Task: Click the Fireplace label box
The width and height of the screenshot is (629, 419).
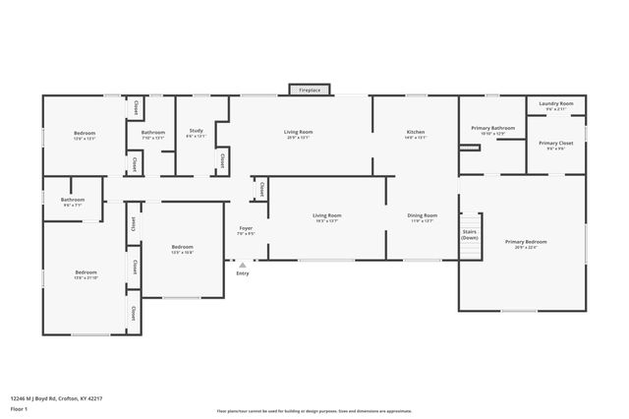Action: pos(310,90)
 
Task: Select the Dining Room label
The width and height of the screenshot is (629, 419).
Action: pos(424,216)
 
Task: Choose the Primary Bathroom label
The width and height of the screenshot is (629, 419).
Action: pos(493,129)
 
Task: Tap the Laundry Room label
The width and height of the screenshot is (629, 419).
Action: pos(556,105)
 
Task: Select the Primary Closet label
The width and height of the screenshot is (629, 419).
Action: pos(556,145)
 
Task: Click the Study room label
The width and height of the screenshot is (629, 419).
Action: pos(196,133)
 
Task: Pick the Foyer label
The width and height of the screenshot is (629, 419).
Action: pos(246,230)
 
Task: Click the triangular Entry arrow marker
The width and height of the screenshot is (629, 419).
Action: pos(243,265)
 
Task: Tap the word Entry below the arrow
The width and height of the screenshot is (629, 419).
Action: pos(243,273)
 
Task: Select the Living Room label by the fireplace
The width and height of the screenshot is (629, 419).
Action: pos(299,134)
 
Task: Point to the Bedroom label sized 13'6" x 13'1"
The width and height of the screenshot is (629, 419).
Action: pos(85,135)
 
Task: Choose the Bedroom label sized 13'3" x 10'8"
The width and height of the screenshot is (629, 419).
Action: pos(183,248)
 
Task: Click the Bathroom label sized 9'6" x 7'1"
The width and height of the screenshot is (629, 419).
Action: pos(73,202)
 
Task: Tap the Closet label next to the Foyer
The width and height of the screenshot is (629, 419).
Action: pos(261,189)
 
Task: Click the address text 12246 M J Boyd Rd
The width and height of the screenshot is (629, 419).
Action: pos(56,398)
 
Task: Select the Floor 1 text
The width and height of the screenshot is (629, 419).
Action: pos(20,408)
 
